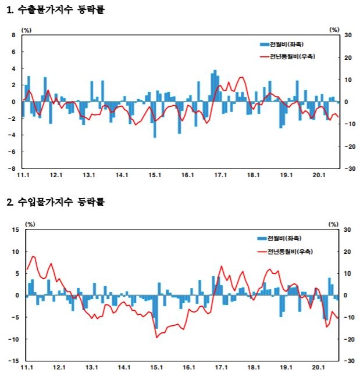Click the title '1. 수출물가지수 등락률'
(55, 10)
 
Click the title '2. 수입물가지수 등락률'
(55, 202)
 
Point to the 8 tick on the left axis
(14, 35)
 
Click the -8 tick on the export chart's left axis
(13, 169)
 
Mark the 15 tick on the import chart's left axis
(15, 230)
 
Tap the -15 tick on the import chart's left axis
(13, 361)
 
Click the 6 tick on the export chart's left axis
(14, 52)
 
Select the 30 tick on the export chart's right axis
(348, 35)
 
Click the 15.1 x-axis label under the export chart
(154, 175)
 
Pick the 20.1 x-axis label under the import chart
(318, 367)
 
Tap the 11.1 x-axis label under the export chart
(23, 175)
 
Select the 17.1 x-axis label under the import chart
(221, 367)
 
